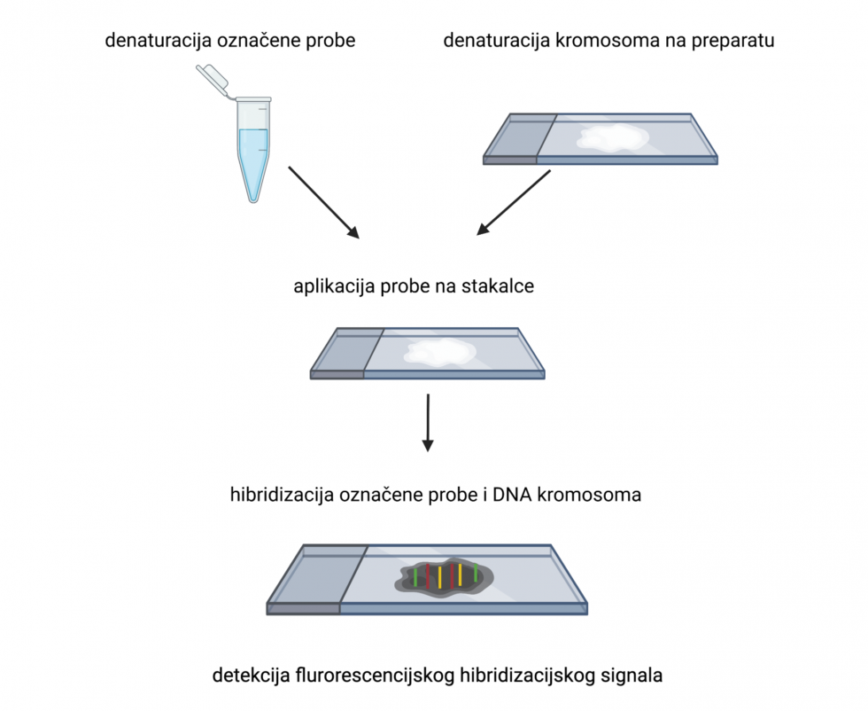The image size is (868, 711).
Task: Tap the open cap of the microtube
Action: [212, 77]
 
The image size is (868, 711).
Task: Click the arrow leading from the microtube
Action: [323, 202]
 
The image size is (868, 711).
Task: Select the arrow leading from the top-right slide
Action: [514, 203]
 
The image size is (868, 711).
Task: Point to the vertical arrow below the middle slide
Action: [428, 422]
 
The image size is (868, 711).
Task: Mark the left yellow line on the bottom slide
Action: [439, 577]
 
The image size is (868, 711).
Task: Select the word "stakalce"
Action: [502, 287]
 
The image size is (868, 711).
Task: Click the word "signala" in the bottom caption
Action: [630, 676]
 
